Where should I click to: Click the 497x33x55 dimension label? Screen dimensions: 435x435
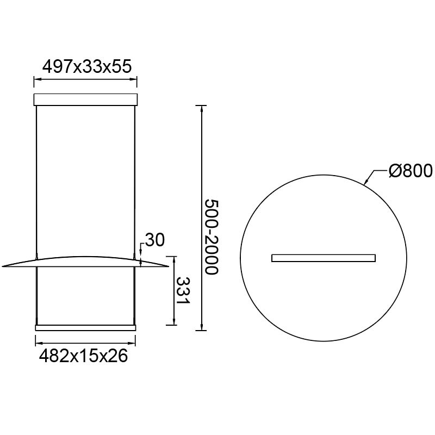(87, 66)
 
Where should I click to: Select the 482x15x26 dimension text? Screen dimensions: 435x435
(84, 356)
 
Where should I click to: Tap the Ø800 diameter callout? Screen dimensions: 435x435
(411, 170)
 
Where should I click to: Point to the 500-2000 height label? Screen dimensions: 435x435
(212, 237)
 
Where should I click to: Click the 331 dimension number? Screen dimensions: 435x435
(183, 290)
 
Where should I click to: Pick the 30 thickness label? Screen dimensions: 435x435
(155, 240)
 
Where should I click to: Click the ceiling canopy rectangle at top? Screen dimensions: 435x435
(85, 100)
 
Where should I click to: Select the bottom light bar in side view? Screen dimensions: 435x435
(85, 328)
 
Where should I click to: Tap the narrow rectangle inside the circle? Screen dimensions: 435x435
(324, 258)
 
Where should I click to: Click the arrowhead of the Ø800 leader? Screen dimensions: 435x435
(365, 182)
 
